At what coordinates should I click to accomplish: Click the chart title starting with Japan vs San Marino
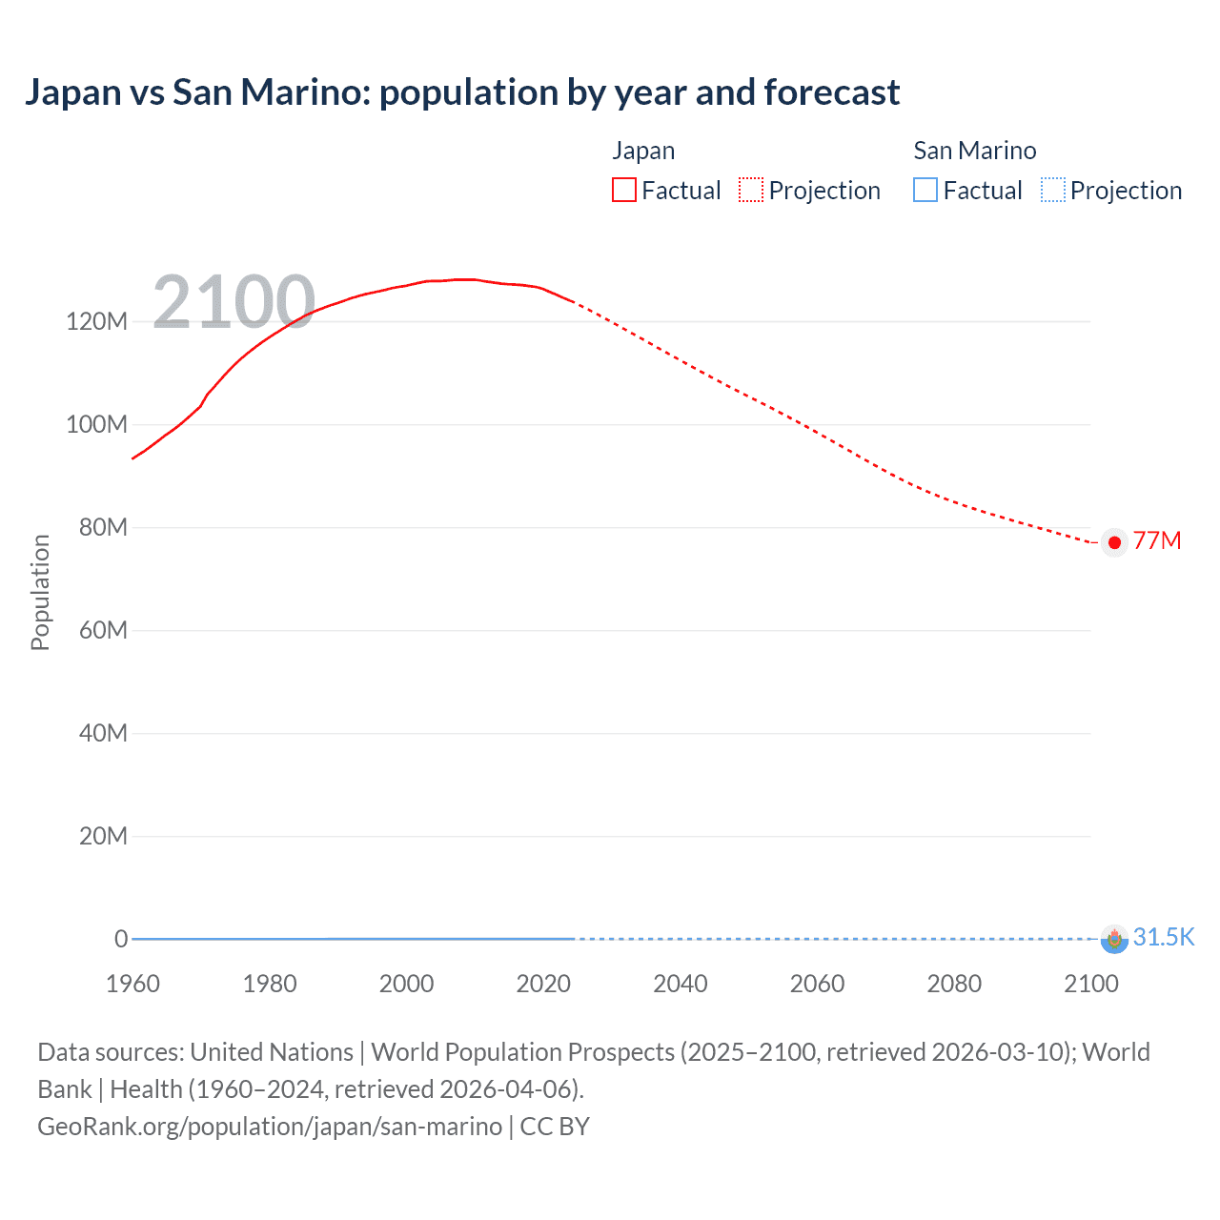pyautogui.click(x=462, y=92)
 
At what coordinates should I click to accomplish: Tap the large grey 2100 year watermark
pyautogui.click(x=234, y=302)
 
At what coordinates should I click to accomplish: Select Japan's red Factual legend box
pyautogui.click(x=623, y=191)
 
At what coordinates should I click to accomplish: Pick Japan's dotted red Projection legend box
pyautogui.click(x=751, y=191)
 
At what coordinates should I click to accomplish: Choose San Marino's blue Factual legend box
pyautogui.click(x=925, y=191)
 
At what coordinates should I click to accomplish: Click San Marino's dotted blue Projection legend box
pyautogui.click(x=1052, y=191)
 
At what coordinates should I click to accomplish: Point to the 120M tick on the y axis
pyautogui.click(x=96, y=321)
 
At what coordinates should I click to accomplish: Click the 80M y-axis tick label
pyautogui.click(x=102, y=527)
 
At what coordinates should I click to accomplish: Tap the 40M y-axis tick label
pyautogui.click(x=102, y=733)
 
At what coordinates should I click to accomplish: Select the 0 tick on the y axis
pyautogui.click(x=121, y=939)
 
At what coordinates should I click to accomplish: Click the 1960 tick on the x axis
pyautogui.click(x=132, y=984)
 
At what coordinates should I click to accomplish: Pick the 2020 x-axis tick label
pyautogui.click(x=543, y=984)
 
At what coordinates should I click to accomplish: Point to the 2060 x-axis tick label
pyautogui.click(x=817, y=984)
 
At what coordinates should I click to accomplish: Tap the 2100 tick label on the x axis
pyautogui.click(x=1090, y=984)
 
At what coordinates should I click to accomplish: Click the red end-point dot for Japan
pyautogui.click(x=1114, y=542)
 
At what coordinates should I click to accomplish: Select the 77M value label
pyautogui.click(x=1157, y=540)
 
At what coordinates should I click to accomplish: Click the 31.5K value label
pyautogui.click(x=1163, y=937)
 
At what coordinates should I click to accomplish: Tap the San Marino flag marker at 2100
pyautogui.click(x=1114, y=940)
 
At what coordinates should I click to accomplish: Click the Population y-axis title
pyautogui.click(x=40, y=592)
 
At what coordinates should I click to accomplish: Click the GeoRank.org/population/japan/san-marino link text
pyautogui.click(x=270, y=1127)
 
